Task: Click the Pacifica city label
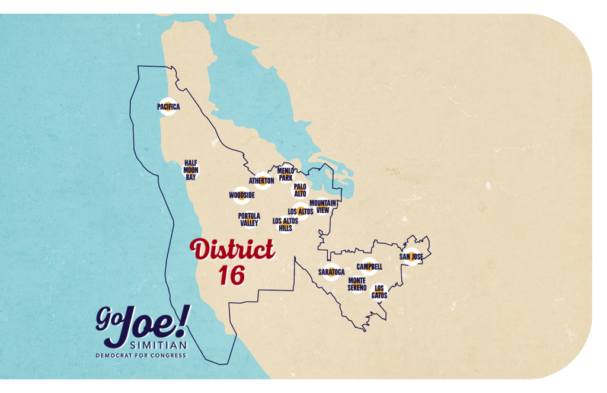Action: coord(168,107)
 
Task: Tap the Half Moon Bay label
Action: coord(190,170)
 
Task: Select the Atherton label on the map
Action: coord(261,180)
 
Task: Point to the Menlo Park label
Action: coord(286,174)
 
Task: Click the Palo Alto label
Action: coord(300,190)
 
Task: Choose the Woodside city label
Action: coord(242,195)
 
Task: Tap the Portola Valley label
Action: coord(249,219)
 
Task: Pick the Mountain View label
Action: coord(323,206)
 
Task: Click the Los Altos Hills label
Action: coord(285,224)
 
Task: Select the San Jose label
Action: coord(411,257)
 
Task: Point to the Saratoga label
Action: coord(331,271)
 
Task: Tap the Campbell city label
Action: coord(369,267)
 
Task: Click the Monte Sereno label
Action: coord(357,283)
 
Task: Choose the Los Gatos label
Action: coord(379,291)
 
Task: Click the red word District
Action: coord(232,250)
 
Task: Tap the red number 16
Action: coord(232,275)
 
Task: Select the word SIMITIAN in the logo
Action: coord(158,345)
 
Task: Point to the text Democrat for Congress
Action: coord(141,356)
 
